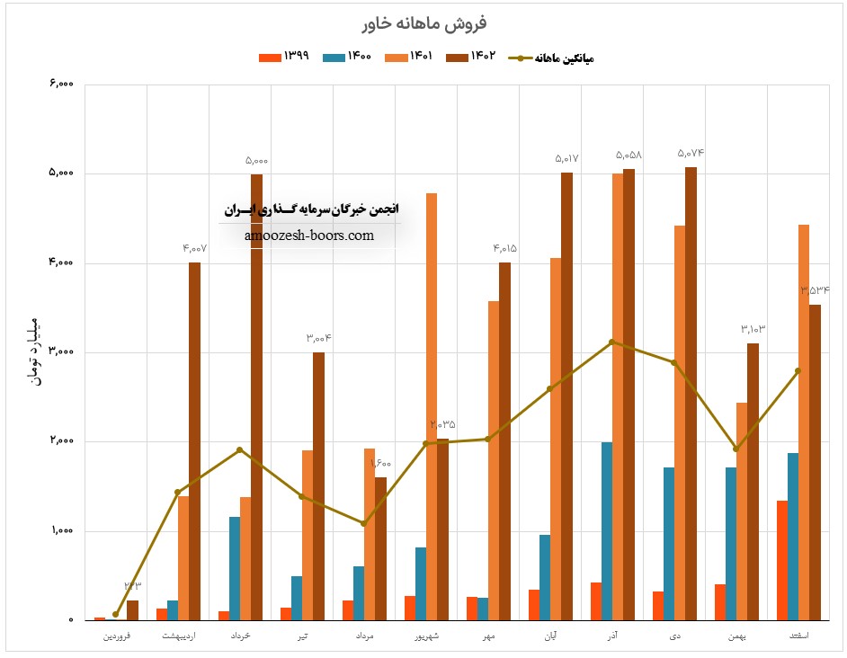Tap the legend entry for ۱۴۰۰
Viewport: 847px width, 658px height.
pyautogui.click(x=347, y=57)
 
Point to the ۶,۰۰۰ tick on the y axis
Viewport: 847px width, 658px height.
pyautogui.click(x=62, y=84)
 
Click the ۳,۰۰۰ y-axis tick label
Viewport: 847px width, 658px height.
pyautogui.click(x=62, y=352)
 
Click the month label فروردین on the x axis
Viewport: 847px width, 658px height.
pyautogui.click(x=116, y=636)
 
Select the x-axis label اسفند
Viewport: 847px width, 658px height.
pyautogui.click(x=798, y=636)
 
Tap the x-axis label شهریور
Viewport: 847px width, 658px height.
pyautogui.click(x=426, y=636)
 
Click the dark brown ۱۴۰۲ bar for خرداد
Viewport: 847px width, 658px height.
pyautogui.click(x=257, y=396)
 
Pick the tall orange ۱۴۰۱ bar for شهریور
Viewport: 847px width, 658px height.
pyautogui.click(x=432, y=405)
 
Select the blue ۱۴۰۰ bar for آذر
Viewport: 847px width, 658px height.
pyautogui.click(x=607, y=530)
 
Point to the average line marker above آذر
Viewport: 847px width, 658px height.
pyautogui.click(x=611, y=342)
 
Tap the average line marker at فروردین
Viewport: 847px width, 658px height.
pyautogui.click(x=116, y=614)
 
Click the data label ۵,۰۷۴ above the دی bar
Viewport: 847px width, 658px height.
pyautogui.click(x=691, y=154)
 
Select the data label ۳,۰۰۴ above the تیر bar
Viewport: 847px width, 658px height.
pyautogui.click(x=318, y=339)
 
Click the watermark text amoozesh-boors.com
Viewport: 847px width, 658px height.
pyautogui.click(x=308, y=236)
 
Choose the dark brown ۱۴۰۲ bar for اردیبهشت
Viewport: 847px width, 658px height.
pyautogui.click(x=194, y=440)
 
